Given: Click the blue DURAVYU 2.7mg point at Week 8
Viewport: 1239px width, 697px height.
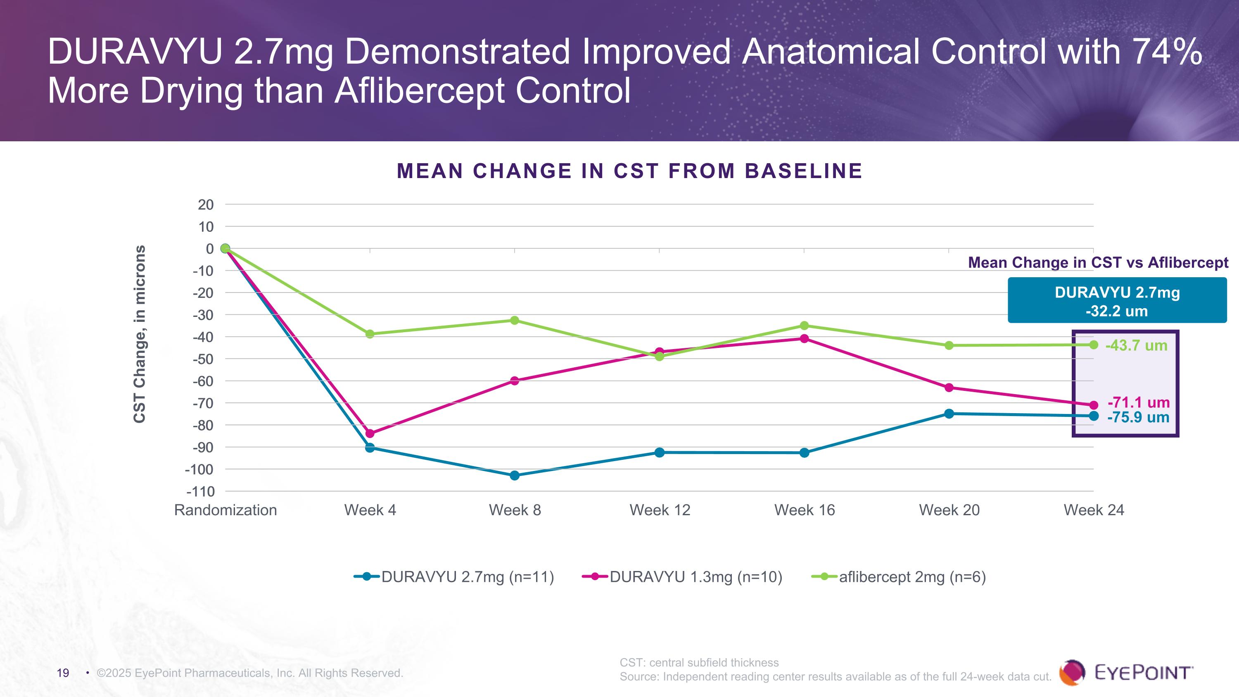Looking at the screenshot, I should (x=514, y=476).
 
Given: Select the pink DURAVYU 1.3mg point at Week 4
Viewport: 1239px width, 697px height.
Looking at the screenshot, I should (x=370, y=433).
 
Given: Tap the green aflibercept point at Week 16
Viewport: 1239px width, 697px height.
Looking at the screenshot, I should (x=804, y=326).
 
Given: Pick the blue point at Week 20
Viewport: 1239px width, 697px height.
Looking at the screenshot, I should (x=949, y=414).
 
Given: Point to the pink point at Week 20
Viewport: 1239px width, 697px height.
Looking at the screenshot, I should (x=949, y=388).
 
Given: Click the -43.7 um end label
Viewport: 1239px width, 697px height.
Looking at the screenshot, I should (x=1136, y=345).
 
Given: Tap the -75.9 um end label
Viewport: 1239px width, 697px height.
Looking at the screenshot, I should (x=1138, y=417).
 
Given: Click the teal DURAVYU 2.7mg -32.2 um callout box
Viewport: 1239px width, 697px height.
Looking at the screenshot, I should (x=1117, y=302).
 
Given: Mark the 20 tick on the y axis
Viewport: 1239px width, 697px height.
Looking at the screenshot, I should (x=205, y=205).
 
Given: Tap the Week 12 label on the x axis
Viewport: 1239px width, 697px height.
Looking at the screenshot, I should (x=660, y=510).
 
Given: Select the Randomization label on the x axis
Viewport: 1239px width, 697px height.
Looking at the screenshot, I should (x=225, y=510).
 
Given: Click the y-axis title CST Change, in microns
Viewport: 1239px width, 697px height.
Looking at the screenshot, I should (x=139, y=334).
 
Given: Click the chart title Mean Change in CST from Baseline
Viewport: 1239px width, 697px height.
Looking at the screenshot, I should (x=629, y=171).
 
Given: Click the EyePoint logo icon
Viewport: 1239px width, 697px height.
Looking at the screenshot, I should (x=1072, y=672).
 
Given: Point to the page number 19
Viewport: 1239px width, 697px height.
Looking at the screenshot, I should (x=63, y=673).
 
